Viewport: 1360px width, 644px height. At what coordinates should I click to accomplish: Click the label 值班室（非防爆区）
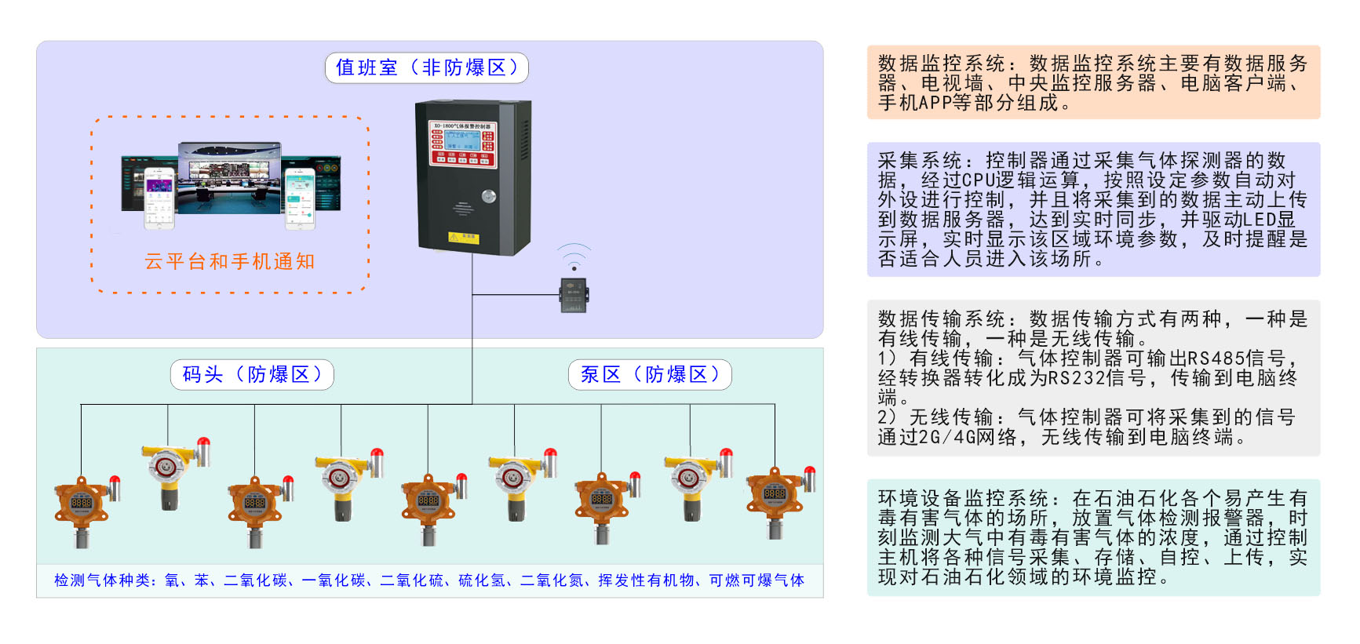coord(426,68)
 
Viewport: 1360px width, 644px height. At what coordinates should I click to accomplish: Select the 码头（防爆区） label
coord(252,375)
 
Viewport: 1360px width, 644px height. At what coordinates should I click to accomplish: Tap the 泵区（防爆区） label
coord(650,375)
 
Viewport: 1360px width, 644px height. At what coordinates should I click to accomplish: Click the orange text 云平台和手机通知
coord(230,262)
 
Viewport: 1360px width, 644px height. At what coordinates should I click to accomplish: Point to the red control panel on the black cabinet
coord(461,143)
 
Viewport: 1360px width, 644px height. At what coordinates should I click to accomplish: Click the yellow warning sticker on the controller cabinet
coord(463,238)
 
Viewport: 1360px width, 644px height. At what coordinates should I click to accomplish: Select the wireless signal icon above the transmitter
coord(574,258)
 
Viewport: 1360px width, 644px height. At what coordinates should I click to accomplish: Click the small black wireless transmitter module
coord(574,295)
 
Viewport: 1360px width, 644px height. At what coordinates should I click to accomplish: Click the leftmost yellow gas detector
coord(169,471)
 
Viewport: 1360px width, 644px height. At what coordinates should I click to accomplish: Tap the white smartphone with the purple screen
coord(159,198)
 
